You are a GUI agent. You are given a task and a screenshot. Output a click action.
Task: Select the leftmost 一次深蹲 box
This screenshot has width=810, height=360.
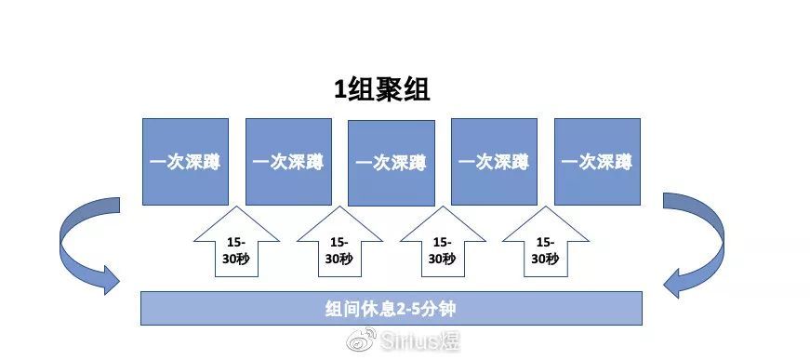tap(185, 162)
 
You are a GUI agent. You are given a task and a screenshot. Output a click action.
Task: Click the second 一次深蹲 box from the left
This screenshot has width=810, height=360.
tap(288, 162)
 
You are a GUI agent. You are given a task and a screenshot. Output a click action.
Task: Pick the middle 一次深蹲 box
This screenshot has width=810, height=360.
tap(392, 163)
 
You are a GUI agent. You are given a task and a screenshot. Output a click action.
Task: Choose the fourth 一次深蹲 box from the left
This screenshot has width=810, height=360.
tap(494, 162)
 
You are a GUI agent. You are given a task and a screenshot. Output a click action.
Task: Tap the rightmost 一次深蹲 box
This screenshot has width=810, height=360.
tap(597, 162)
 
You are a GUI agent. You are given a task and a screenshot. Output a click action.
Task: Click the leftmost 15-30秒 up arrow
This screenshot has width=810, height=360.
tap(236, 243)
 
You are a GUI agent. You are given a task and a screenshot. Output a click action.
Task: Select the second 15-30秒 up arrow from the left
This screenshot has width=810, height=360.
tap(340, 243)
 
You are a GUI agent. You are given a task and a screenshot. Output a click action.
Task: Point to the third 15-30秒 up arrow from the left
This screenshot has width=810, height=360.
tap(443, 243)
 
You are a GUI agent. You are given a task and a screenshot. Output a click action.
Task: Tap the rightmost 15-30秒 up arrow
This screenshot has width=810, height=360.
tap(546, 243)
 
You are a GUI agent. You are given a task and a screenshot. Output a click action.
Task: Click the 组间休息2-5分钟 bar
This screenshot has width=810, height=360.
tap(392, 308)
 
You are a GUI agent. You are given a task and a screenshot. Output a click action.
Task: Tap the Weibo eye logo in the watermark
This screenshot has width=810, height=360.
tap(362, 340)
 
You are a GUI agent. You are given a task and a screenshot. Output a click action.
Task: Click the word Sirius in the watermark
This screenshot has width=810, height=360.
tap(409, 340)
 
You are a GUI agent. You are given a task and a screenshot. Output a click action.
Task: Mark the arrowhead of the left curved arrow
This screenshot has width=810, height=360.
tap(111, 280)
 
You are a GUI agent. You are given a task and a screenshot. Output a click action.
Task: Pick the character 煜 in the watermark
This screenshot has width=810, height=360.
tap(449, 340)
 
